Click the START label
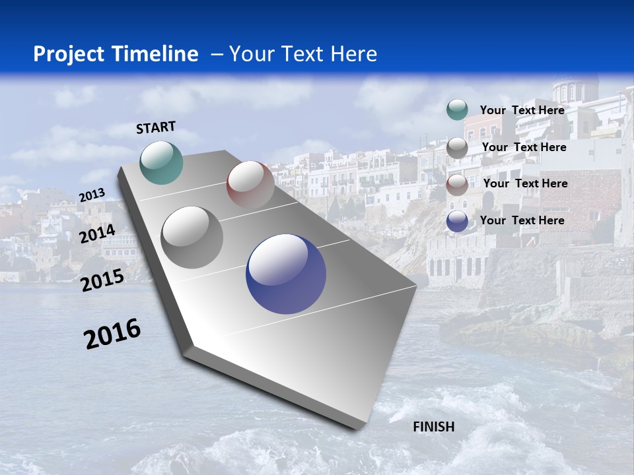156,127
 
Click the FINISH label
433,427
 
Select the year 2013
92,195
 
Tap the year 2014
98,234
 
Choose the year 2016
112,334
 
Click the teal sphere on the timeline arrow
161,162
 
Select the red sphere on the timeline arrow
250,184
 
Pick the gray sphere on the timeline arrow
192,237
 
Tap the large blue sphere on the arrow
286,274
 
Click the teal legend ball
457,110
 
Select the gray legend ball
457,148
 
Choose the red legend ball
457,185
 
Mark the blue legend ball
457,222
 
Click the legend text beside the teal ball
522,110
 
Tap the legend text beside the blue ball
522,220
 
